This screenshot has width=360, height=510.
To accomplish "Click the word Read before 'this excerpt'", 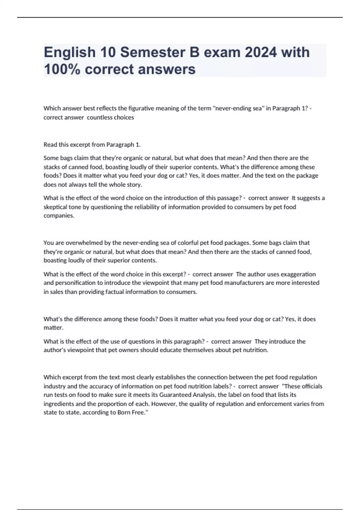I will point(50,145).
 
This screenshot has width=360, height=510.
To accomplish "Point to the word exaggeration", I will point(297,274).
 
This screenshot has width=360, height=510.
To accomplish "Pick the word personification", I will point(73,283).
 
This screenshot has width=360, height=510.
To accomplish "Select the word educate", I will point(170,350).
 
